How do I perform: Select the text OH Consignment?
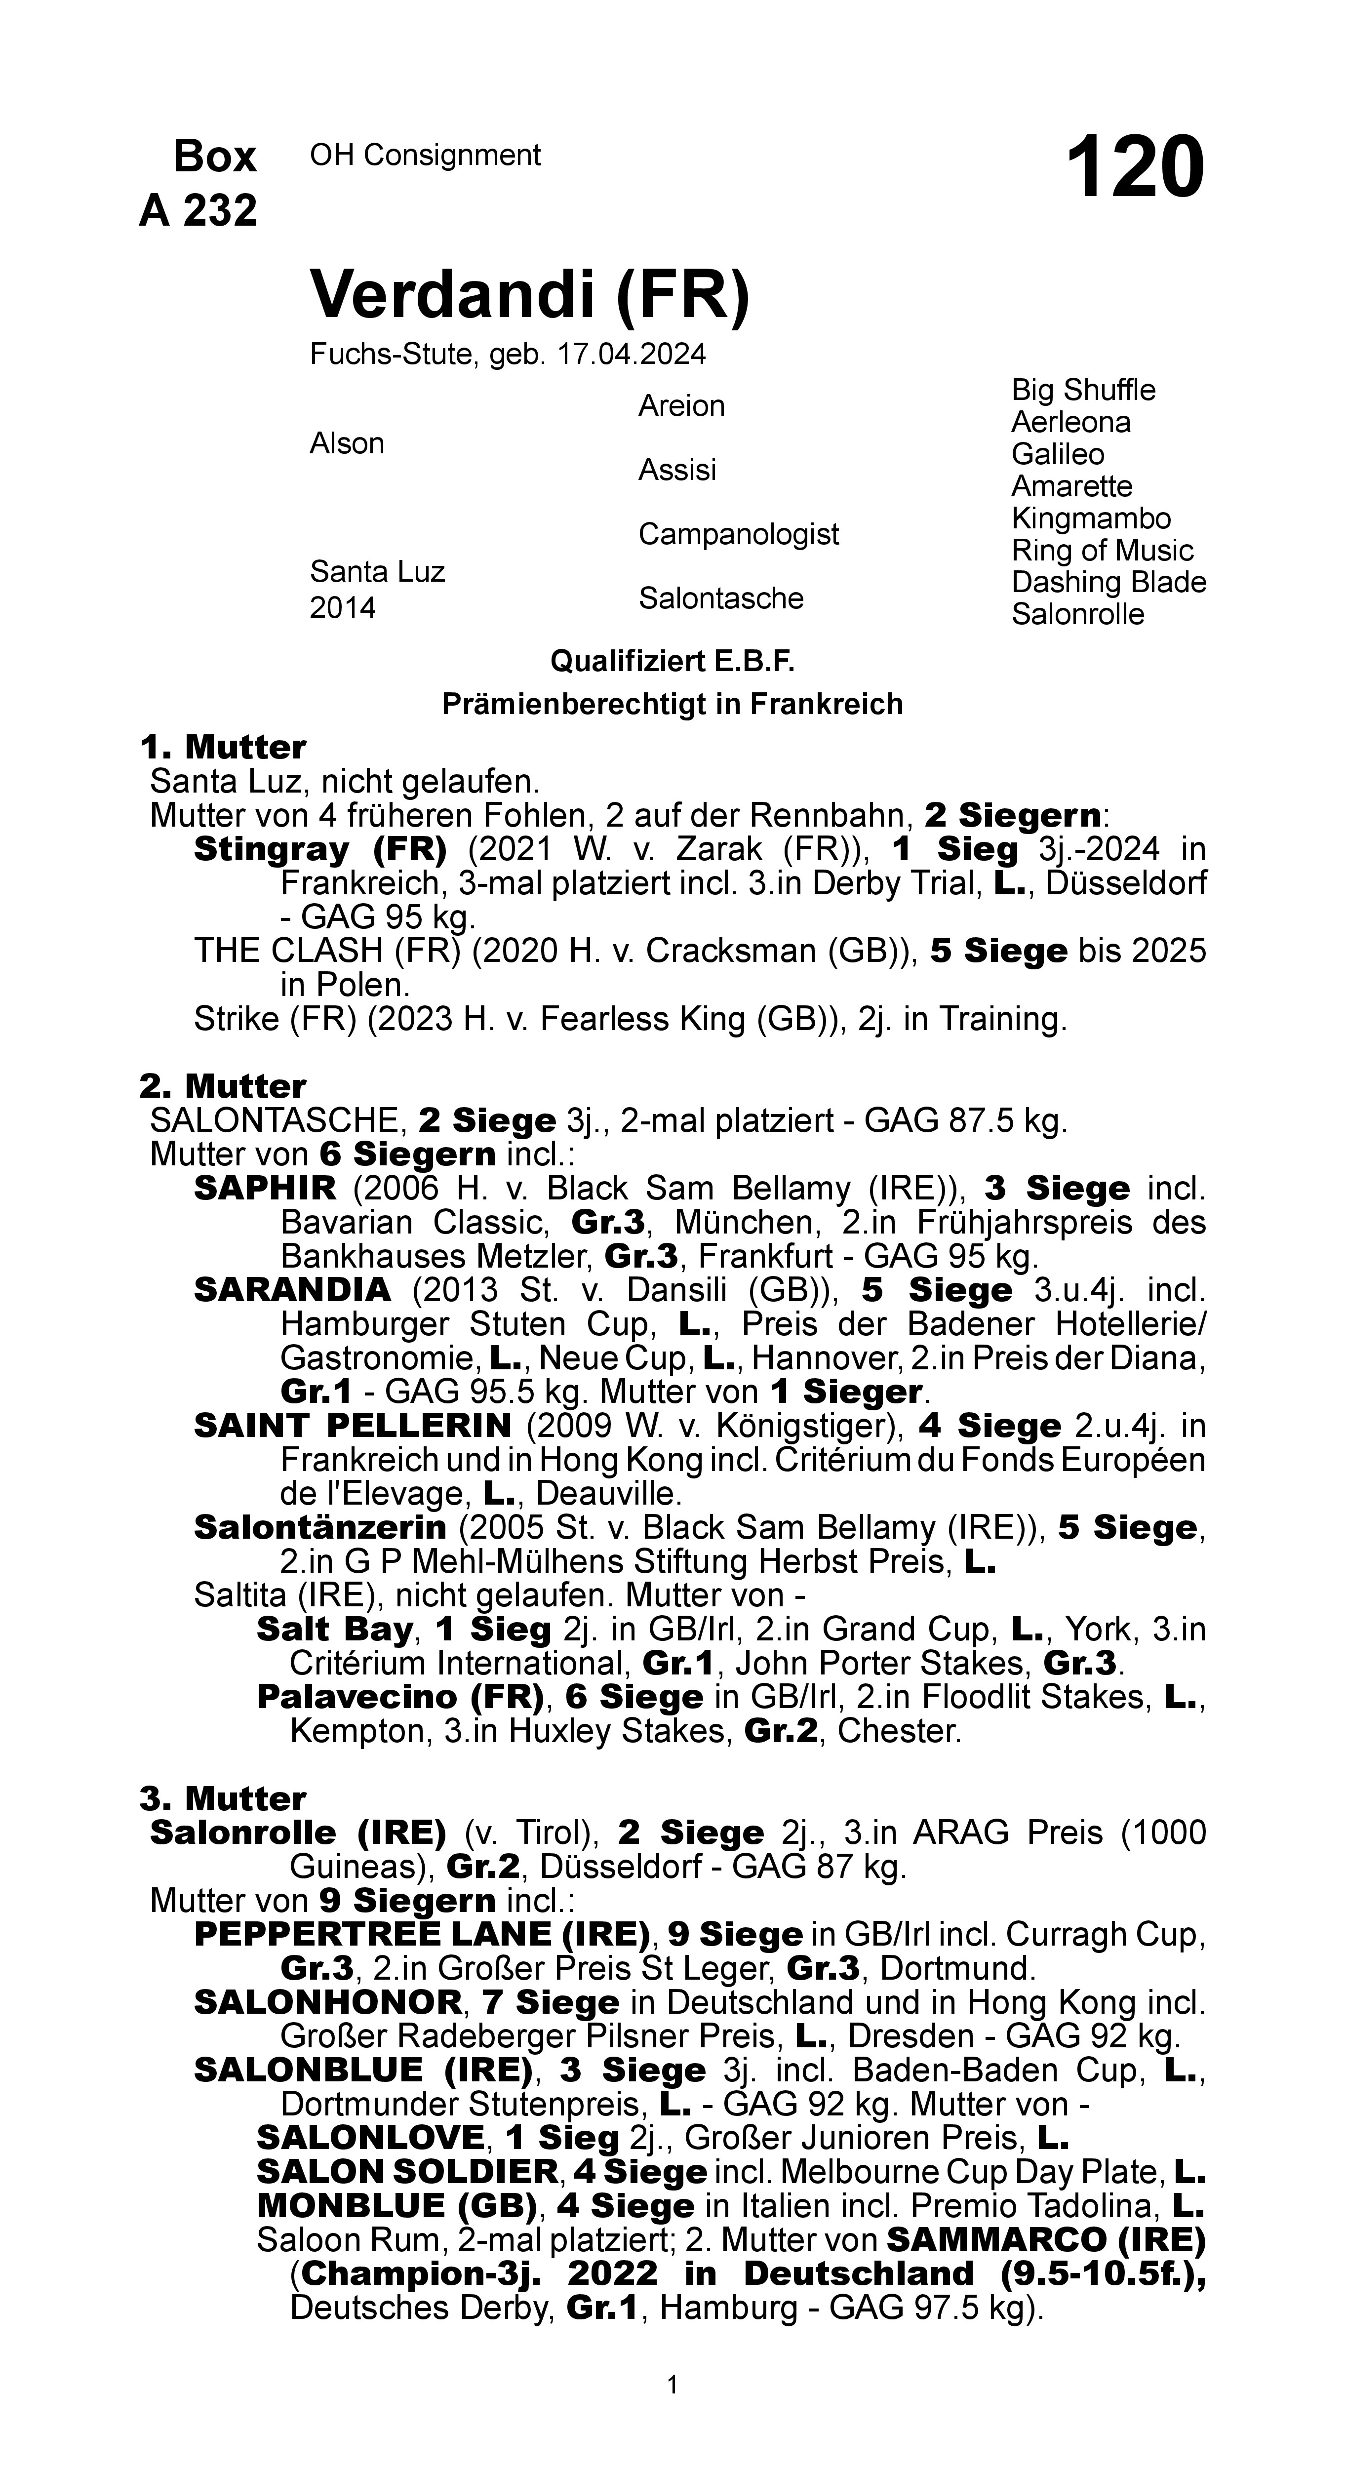425,155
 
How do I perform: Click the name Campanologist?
738,534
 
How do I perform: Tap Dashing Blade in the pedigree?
1108,583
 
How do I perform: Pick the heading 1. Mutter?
222,747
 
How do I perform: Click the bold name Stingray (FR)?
320,849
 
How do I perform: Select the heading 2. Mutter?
222,1086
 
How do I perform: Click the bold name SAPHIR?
265,1189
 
